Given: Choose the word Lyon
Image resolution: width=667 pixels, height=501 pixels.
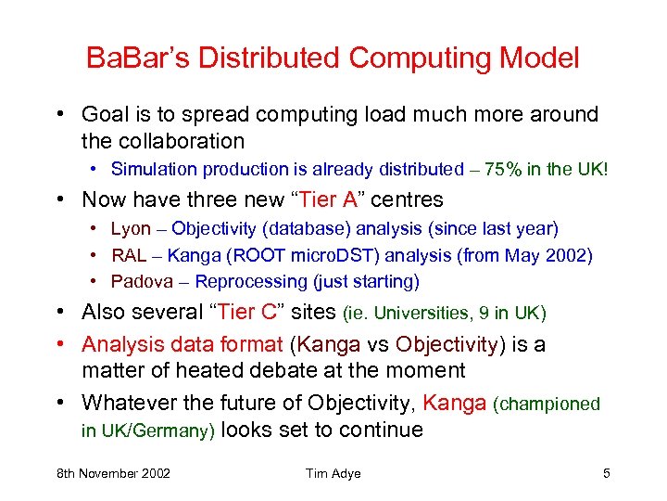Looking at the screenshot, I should [x=130, y=229].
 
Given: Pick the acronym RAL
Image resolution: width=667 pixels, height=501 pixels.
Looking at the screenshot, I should [x=130, y=255].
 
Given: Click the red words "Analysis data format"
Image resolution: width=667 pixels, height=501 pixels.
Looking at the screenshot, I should [x=182, y=344].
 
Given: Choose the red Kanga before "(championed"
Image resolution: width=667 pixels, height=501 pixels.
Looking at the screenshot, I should [x=455, y=404].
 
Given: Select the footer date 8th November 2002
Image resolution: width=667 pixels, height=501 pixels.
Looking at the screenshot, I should [x=113, y=474].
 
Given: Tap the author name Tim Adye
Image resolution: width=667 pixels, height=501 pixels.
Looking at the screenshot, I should [x=333, y=474].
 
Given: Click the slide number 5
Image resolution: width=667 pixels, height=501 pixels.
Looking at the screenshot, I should [x=606, y=474].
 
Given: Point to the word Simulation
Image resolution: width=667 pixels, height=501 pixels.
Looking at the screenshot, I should [x=152, y=169].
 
